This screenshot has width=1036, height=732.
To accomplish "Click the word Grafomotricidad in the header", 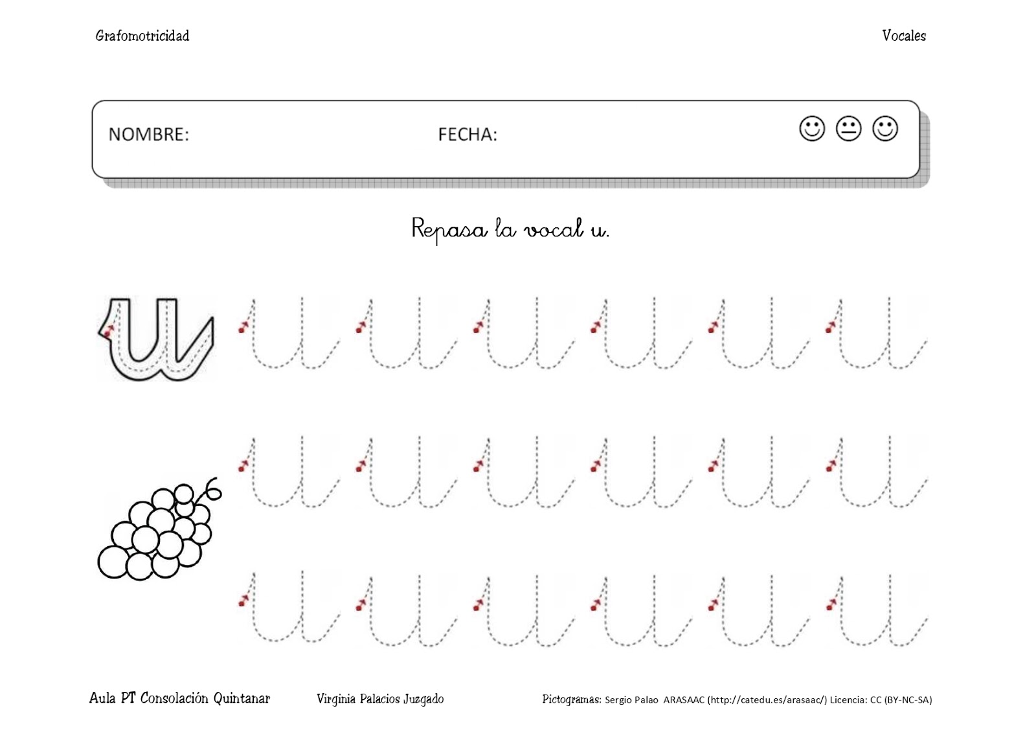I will click(x=142, y=36).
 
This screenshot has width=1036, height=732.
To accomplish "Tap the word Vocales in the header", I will click(x=903, y=36).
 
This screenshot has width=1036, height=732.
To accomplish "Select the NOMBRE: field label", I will click(x=148, y=134).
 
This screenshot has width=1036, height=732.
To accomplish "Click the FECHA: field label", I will click(x=467, y=134).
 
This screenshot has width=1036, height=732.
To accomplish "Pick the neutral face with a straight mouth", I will click(x=848, y=128).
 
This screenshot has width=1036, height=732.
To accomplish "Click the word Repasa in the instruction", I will click(x=449, y=229).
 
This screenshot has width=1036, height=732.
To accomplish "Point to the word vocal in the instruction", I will click(x=554, y=229).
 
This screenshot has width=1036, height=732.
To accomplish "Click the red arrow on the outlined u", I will click(x=108, y=330).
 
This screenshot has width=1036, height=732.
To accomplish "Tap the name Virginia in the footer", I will click(x=335, y=699).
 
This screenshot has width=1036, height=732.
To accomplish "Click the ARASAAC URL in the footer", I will click(x=767, y=700).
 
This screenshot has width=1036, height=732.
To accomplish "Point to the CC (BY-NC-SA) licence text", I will click(x=901, y=700).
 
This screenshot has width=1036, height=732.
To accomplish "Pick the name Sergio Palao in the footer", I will click(x=631, y=700).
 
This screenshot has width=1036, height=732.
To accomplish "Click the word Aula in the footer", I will click(x=102, y=698).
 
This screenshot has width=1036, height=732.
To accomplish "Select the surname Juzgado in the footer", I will click(x=423, y=699).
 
